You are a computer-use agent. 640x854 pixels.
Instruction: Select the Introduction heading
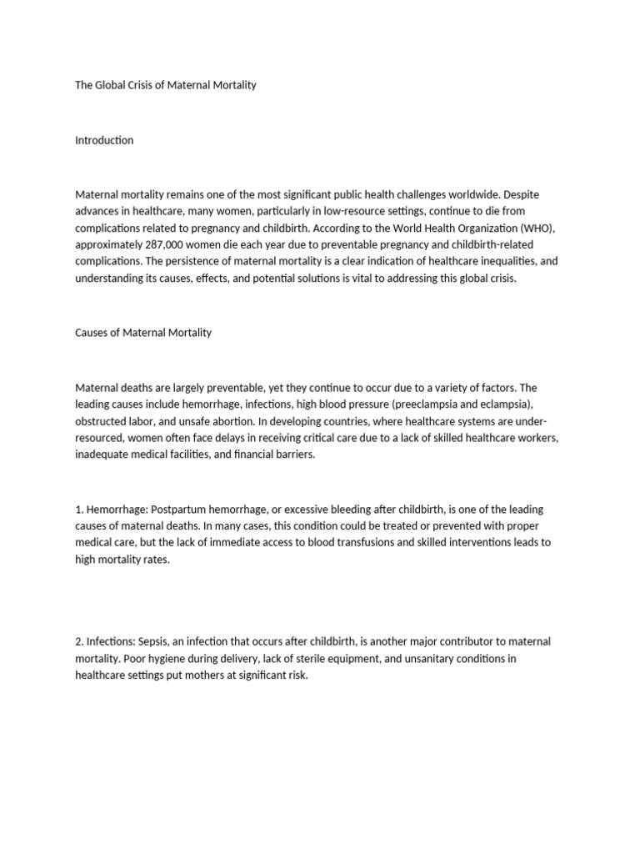coord(104,140)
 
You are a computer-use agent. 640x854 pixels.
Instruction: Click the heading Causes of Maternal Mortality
coord(143,332)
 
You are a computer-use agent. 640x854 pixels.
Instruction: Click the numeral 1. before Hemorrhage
coord(79,509)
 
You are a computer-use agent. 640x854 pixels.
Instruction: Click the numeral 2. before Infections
coord(79,641)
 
